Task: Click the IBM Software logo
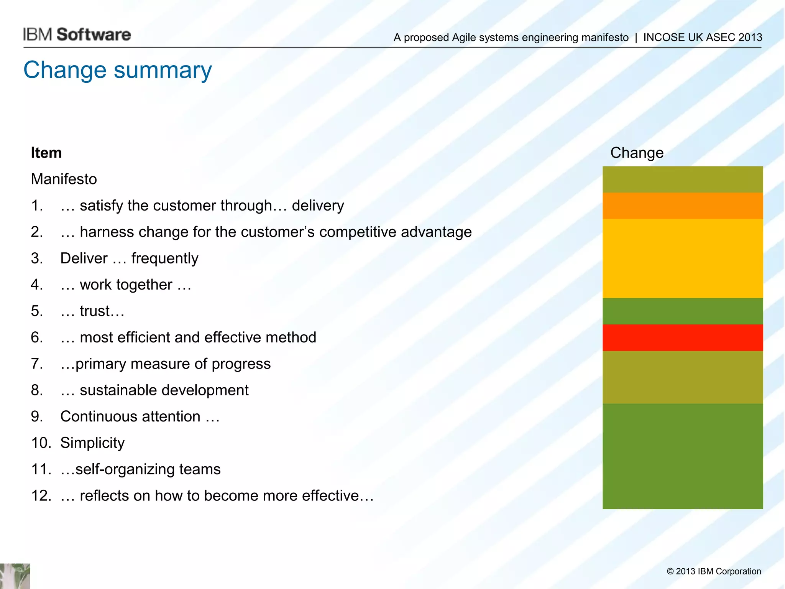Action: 77,35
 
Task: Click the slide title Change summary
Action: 117,70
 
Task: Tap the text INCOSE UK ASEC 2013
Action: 702,38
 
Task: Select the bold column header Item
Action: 46,153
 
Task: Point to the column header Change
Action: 637,153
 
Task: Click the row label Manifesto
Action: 64,179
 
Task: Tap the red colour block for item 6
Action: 682,337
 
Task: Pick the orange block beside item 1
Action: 682,206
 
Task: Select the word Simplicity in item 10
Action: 92,443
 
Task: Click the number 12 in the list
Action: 41,495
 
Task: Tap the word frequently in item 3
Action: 165,258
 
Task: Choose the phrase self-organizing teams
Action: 148,469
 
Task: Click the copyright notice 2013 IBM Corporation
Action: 714,571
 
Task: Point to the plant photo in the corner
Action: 15,576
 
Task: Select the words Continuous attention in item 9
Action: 130,416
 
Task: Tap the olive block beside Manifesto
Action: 682,179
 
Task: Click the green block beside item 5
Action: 682,311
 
